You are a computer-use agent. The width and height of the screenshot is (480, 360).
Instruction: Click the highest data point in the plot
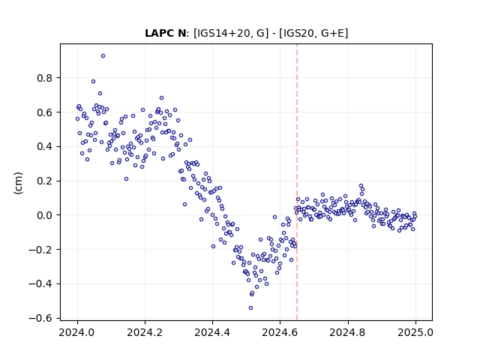(103, 56)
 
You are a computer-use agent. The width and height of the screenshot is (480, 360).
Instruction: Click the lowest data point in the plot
(250, 308)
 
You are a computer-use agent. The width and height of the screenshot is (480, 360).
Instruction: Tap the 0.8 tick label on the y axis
(45, 78)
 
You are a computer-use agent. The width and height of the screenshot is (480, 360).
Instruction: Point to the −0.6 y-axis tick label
(40, 318)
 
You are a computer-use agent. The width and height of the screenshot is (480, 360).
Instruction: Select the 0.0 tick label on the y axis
(45, 215)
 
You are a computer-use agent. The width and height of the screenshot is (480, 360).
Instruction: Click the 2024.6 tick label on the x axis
(280, 332)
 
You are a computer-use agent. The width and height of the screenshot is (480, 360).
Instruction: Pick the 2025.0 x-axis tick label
(415, 332)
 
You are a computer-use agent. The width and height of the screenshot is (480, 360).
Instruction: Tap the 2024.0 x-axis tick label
(77, 332)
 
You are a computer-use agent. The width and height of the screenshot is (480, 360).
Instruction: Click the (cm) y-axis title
(18, 183)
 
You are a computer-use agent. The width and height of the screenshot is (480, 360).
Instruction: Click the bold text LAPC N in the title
(165, 33)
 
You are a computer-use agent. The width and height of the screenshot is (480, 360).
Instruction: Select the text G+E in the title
(333, 33)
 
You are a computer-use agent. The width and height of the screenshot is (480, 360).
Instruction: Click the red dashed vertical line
(297, 182)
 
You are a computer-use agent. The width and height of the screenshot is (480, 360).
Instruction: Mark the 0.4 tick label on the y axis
(45, 147)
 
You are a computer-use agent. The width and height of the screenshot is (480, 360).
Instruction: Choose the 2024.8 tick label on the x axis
(348, 332)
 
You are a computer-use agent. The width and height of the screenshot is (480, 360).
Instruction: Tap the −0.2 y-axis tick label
(40, 250)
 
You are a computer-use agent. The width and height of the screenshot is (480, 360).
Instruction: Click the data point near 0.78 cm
(93, 82)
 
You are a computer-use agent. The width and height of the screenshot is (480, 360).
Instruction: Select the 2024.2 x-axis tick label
(145, 332)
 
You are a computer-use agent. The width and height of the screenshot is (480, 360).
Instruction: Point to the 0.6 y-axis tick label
(45, 112)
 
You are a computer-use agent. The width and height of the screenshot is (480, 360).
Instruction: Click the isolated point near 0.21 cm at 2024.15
(126, 179)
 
